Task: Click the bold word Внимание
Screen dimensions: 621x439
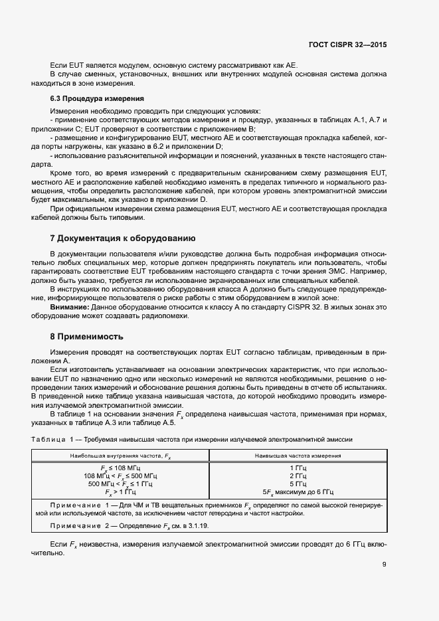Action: (x=70, y=307)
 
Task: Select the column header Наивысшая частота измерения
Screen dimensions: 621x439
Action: (x=298, y=456)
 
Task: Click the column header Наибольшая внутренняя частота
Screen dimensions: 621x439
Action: (x=120, y=456)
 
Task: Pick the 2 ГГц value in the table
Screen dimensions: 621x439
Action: (x=298, y=476)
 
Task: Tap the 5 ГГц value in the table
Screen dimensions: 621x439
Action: (x=298, y=484)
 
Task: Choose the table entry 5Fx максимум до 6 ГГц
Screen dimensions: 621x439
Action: (x=298, y=493)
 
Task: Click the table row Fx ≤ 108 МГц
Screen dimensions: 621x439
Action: (x=120, y=468)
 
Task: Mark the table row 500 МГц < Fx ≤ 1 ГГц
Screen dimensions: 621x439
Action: (x=120, y=484)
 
